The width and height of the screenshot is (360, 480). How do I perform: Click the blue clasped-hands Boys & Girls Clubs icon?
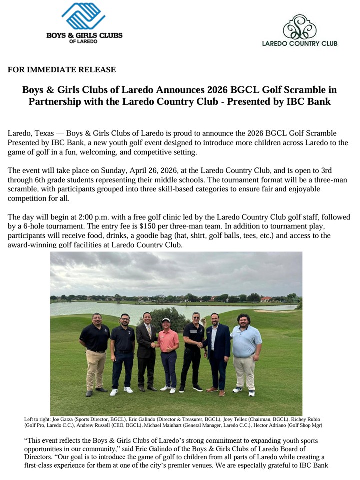(84, 17)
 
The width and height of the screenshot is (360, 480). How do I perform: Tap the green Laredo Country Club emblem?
(299, 27)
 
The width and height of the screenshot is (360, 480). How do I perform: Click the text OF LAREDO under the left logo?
(84, 41)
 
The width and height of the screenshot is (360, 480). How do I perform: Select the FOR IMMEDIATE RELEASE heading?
(62, 70)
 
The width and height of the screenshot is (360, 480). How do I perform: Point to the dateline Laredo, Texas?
(32, 134)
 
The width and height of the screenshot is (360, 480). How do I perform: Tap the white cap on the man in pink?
(166, 320)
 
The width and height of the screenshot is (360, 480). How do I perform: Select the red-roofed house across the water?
(266, 299)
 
